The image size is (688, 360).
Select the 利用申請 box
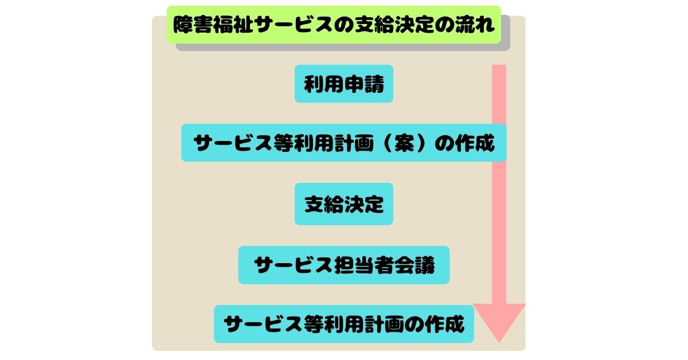(x=344, y=84)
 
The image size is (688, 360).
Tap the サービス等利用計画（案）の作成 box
(x=344, y=143)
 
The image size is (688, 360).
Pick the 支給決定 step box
(x=344, y=204)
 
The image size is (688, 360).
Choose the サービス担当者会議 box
(x=344, y=265)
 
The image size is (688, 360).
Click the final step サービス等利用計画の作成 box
(x=344, y=324)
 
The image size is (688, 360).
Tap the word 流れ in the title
(x=479, y=25)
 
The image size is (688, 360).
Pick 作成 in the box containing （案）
(x=475, y=143)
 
